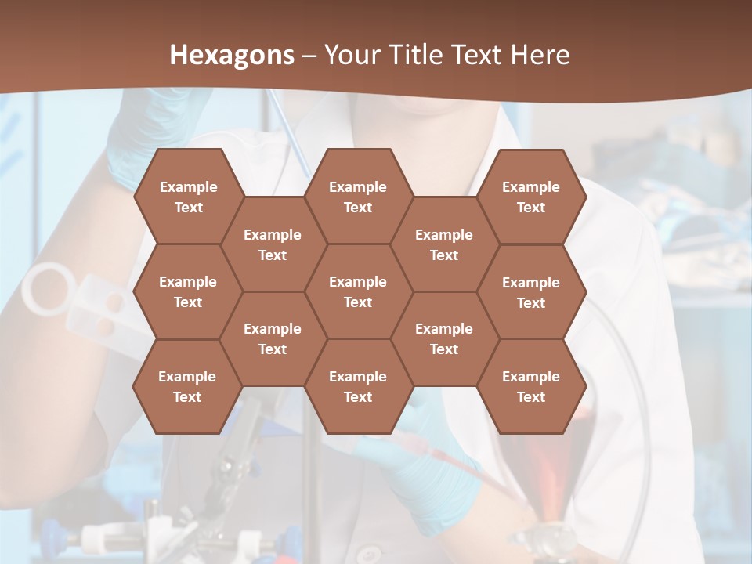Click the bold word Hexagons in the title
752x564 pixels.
tap(232, 55)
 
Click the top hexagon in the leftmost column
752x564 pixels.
tap(188, 197)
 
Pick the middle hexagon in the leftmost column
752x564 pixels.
tap(188, 291)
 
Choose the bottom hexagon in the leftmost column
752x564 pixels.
tap(187, 386)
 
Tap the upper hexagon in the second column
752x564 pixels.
tap(273, 244)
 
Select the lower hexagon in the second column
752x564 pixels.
tap(273, 338)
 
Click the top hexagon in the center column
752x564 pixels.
tap(358, 197)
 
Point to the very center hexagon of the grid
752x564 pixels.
tap(358, 291)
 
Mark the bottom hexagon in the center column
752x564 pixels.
tap(358, 386)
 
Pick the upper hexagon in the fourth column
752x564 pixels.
tap(444, 244)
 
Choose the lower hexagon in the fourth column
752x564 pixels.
tap(444, 338)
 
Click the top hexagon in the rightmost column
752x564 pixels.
tap(531, 197)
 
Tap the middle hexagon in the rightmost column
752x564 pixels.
tap(531, 292)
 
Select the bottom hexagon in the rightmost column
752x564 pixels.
tap(531, 386)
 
